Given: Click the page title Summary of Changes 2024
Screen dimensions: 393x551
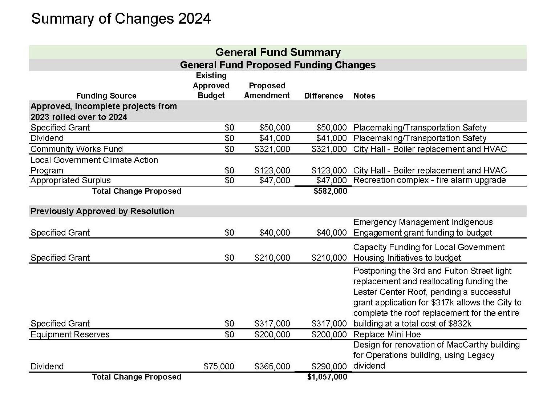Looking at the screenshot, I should pos(121,19).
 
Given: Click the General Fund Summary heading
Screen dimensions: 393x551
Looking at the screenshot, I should pos(278,52).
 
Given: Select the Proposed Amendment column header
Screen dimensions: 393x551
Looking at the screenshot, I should pos(267,91).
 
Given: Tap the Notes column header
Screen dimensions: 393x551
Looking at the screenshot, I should pos(364,96).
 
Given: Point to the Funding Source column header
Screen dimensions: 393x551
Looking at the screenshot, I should pos(106,96).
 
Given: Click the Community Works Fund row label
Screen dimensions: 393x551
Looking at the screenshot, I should pos(77,149).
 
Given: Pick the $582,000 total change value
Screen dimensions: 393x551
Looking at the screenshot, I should pos(330,191).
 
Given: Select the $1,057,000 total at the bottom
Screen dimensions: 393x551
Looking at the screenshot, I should pos(327,377).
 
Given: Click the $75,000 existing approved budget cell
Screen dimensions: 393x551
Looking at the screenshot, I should pos(219,366).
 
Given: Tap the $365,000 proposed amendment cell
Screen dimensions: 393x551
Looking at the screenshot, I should pos(272,366).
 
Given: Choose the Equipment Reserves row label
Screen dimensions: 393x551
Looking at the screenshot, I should pos(70,334).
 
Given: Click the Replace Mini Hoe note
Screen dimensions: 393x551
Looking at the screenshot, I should pos(387,334).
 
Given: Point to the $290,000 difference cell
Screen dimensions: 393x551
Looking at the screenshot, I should pos(329,366).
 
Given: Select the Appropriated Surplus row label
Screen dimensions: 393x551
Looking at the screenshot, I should pos(70,181).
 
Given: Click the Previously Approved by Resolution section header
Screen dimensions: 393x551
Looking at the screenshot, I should pos(102,211).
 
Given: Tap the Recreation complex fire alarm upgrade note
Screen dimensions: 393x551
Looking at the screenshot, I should pos(429,180).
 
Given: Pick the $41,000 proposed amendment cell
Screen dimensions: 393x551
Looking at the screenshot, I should pos(275,138).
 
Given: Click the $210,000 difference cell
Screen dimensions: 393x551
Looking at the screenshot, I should pos(329,258).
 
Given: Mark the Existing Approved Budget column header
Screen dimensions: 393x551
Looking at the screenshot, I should pos(211,86).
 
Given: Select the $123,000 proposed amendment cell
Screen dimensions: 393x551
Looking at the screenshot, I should pos(272,171).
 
